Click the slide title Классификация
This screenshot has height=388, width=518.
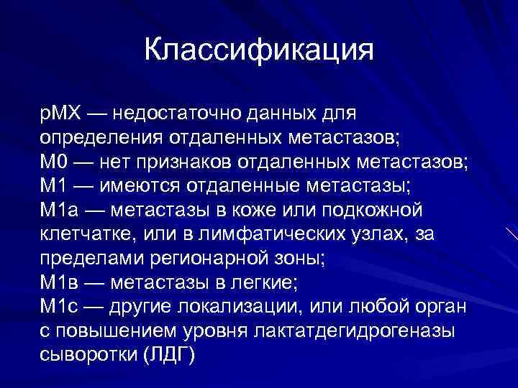pyautogui.click(x=259, y=50)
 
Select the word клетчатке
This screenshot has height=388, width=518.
pyautogui.click(x=77, y=235)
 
